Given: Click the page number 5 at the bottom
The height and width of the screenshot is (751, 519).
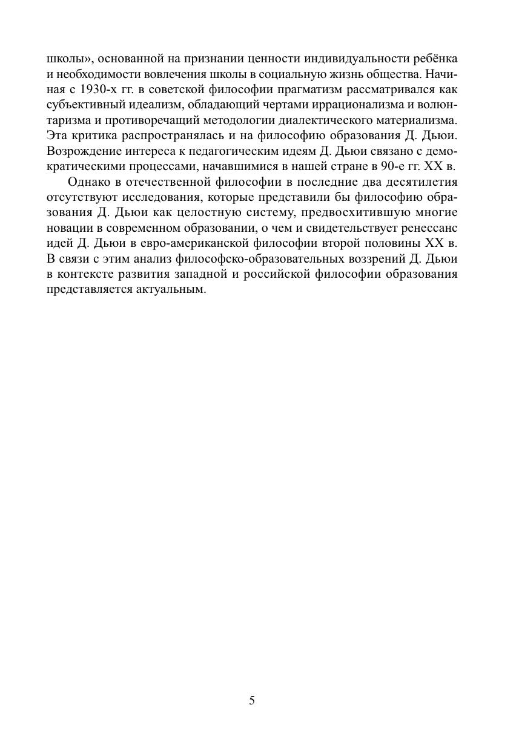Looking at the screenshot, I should (252, 701).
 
